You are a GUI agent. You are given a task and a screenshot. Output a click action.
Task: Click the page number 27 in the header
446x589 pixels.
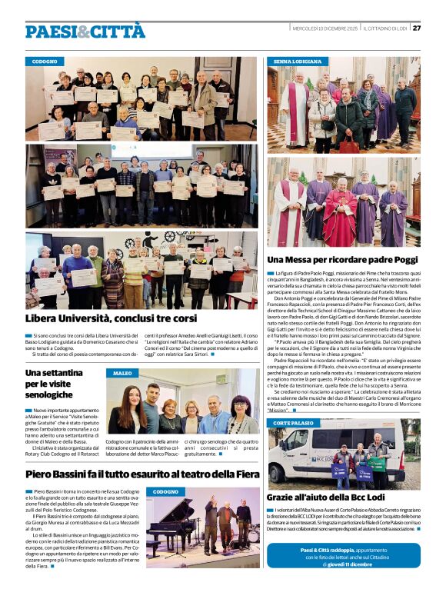[x=417, y=28]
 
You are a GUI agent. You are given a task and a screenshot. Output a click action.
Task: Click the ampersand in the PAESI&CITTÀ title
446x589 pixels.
[x=84, y=31]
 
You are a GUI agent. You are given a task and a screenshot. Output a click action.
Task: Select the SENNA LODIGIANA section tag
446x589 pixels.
[x=298, y=60]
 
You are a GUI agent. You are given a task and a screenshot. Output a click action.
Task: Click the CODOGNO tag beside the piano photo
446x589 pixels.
[x=165, y=491]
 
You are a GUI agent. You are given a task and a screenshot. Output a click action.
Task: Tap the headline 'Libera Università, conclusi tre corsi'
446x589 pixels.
[x=111, y=318]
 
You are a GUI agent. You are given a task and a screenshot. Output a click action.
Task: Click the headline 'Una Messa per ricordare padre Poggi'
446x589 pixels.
[x=343, y=259]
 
